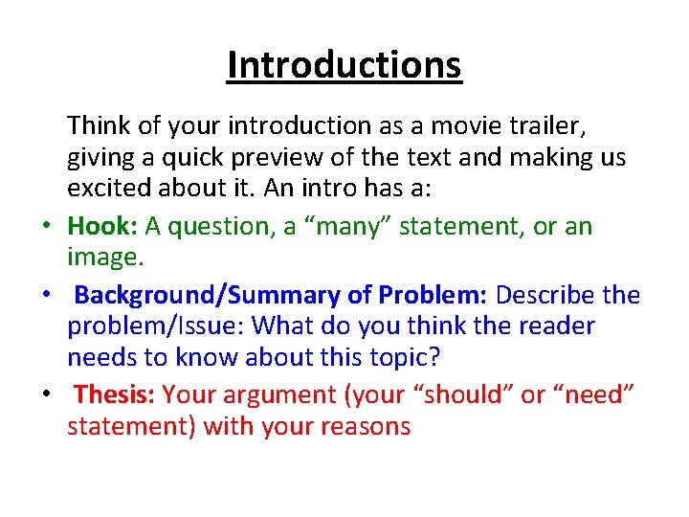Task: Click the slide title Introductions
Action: coord(344,66)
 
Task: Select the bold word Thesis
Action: coord(114,394)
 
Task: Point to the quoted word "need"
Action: coord(592,394)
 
